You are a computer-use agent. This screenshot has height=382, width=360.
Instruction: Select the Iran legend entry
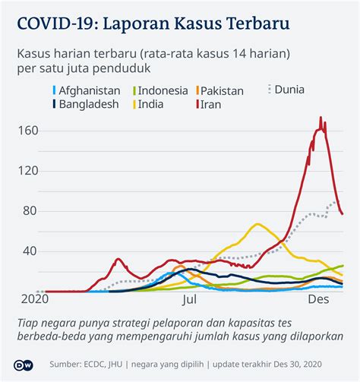click(210, 104)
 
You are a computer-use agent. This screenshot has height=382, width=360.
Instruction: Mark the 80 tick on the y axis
click(28, 210)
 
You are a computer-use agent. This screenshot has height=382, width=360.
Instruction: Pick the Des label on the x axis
click(317, 300)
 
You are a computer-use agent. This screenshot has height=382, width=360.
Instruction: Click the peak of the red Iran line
click(321, 118)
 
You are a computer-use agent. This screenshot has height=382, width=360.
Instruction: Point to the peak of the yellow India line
click(257, 224)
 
